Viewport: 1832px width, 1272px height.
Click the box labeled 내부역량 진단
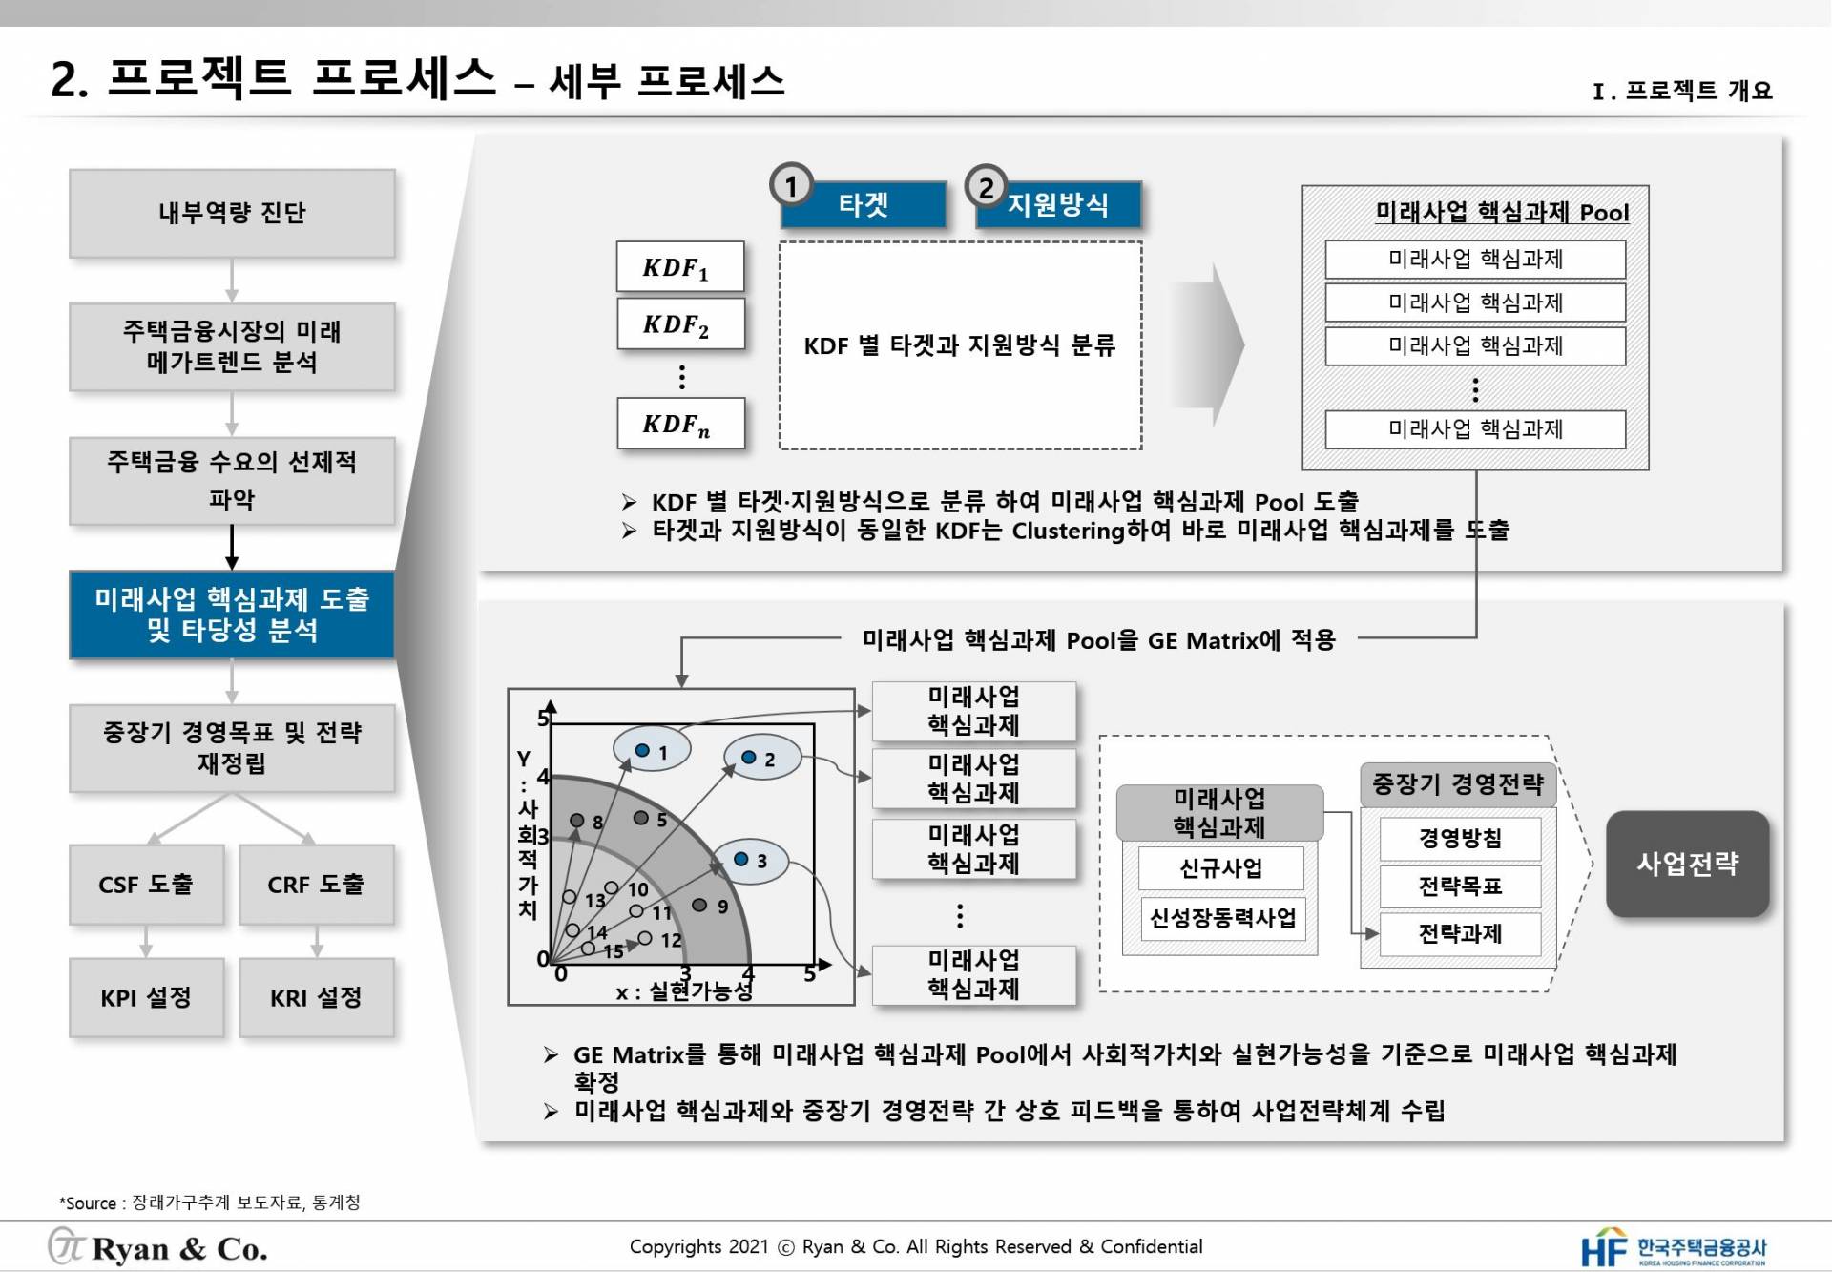pyautogui.click(x=232, y=213)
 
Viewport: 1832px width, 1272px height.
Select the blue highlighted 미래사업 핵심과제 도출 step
pyautogui.click(x=232, y=615)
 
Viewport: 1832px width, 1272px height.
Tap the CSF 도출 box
pyautogui.click(x=146, y=885)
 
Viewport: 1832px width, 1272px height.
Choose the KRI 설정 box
pyautogui.click(x=316, y=998)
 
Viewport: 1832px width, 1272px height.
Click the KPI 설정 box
pyautogui.click(x=146, y=998)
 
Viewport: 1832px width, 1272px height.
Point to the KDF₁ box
pyautogui.click(x=680, y=267)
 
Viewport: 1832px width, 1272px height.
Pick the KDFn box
pyautogui.click(x=680, y=424)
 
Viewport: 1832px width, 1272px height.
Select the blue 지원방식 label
pyautogui.click(x=1058, y=204)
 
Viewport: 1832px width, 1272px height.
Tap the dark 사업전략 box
pyautogui.click(x=1687, y=865)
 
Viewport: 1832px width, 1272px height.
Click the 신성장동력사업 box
pyautogui.click(x=1223, y=918)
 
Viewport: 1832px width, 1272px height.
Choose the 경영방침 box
pyautogui.click(x=1460, y=839)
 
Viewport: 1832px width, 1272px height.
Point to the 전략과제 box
pyautogui.click(x=1460, y=933)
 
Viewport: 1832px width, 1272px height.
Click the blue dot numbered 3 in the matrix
pyautogui.click(x=740, y=859)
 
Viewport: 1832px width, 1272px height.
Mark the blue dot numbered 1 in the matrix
pyautogui.click(x=642, y=750)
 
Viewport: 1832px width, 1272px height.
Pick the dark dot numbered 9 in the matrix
pyautogui.click(x=699, y=905)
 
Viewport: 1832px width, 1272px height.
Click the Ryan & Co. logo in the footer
pyautogui.click(x=158, y=1247)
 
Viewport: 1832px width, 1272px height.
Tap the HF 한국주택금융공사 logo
pyautogui.click(x=1675, y=1247)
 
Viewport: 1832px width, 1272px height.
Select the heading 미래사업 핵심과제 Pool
pyautogui.click(x=1502, y=212)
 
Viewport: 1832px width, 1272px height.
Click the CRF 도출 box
pyautogui.click(x=316, y=885)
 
